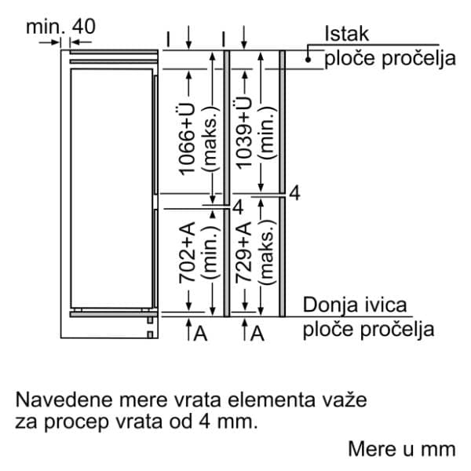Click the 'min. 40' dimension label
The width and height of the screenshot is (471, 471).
tap(60, 25)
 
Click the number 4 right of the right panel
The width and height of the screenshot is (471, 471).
tap(294, 193)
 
